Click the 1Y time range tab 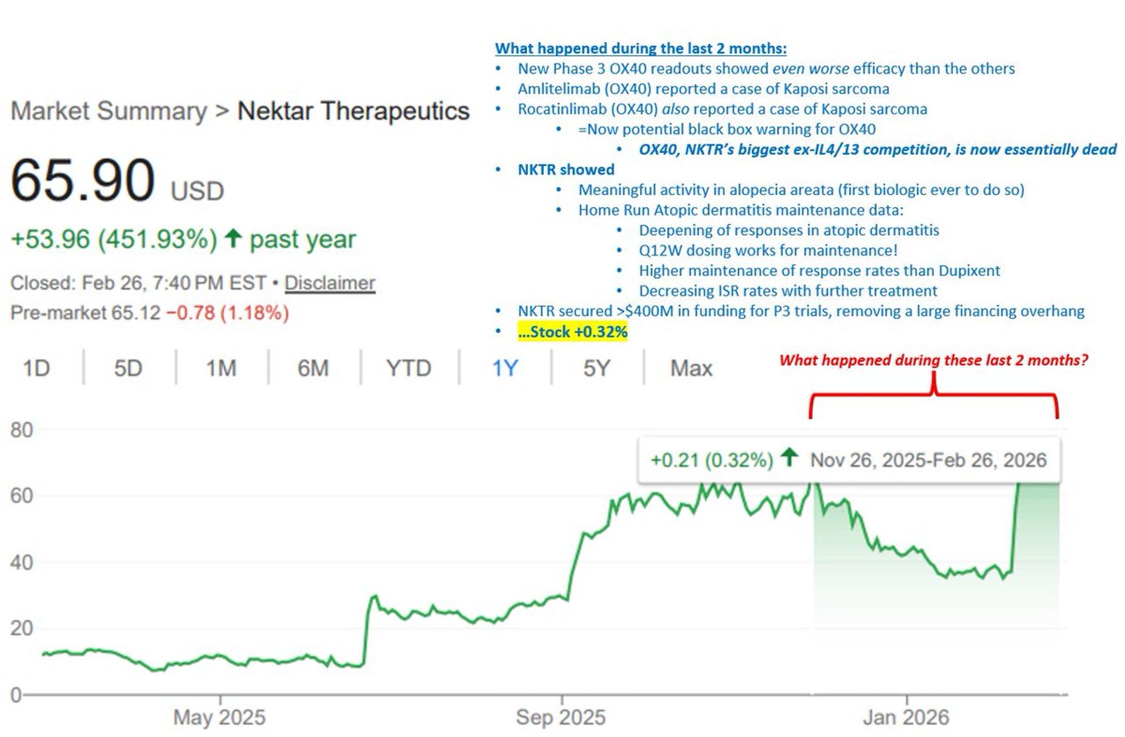(x=504, y=368)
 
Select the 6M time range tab (x=313, y=368)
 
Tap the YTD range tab (x=408, y=368)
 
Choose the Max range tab (x=691, y=368)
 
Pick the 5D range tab (x=128, y=368)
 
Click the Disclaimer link (x=330, y=283)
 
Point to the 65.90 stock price (x=83, y=181)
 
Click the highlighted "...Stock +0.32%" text (x=572, y=332)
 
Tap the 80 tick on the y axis (x=22, y=430)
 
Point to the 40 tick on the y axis (x=22, y=563)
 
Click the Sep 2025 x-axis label (x=561, y=717)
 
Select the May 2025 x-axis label (x=220, y=717)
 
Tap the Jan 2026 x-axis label (x=906, y=717)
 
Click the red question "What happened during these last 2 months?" (x=933, y=360)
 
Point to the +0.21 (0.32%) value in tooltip (x=712, y=460)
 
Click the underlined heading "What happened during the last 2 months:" (x=640, y=48)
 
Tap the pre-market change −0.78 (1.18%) (x=227, y=313)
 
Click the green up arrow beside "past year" (x=233, y=238)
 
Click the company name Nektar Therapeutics (x=353, y=111)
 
